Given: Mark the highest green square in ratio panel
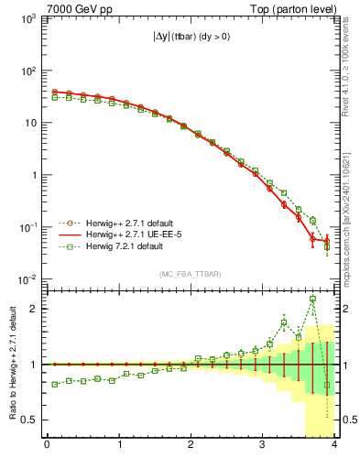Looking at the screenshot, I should tap(313, 299).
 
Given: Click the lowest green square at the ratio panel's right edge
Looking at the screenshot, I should tap(327, 385).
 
